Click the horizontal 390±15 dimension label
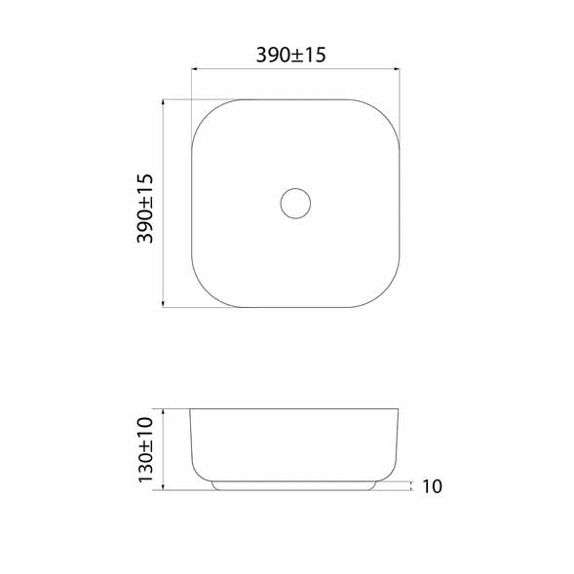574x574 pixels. click(290, 56)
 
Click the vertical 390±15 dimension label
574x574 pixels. click(145, 209)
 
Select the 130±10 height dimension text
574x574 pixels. click(145, 450)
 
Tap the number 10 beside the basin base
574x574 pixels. click(433, 486)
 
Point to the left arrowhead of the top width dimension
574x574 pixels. click(195, 68)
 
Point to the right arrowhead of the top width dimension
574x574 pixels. click(397, 68)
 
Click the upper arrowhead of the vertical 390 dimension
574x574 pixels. click(163, 102)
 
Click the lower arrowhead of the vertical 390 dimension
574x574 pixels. click(163, 304)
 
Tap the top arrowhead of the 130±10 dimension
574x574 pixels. click(163, 412)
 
